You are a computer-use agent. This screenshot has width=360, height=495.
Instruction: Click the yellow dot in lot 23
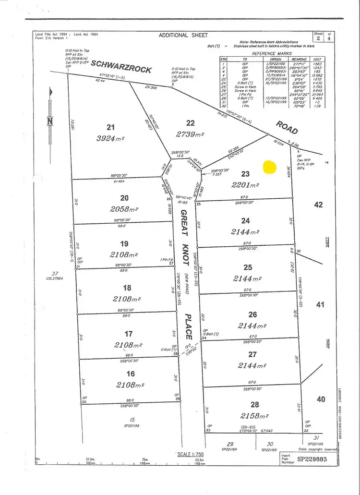point(269,167)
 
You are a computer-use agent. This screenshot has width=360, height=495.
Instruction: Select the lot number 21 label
point(111,127)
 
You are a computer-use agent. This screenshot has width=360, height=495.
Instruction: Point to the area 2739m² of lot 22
point(191,134)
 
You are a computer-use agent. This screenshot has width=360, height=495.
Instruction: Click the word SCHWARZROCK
point(121,67)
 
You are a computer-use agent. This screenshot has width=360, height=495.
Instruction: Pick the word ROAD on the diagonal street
point(287,127)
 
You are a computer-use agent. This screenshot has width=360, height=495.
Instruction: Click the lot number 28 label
point(254,404)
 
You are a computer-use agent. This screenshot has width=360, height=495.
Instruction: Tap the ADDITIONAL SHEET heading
point(184,35)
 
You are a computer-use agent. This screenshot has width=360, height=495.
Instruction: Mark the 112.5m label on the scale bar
point(194,459)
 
